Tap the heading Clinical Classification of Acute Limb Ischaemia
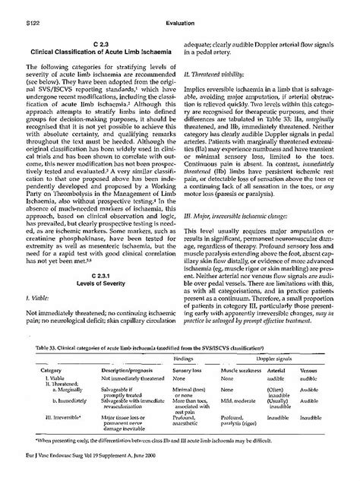(99, 53)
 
